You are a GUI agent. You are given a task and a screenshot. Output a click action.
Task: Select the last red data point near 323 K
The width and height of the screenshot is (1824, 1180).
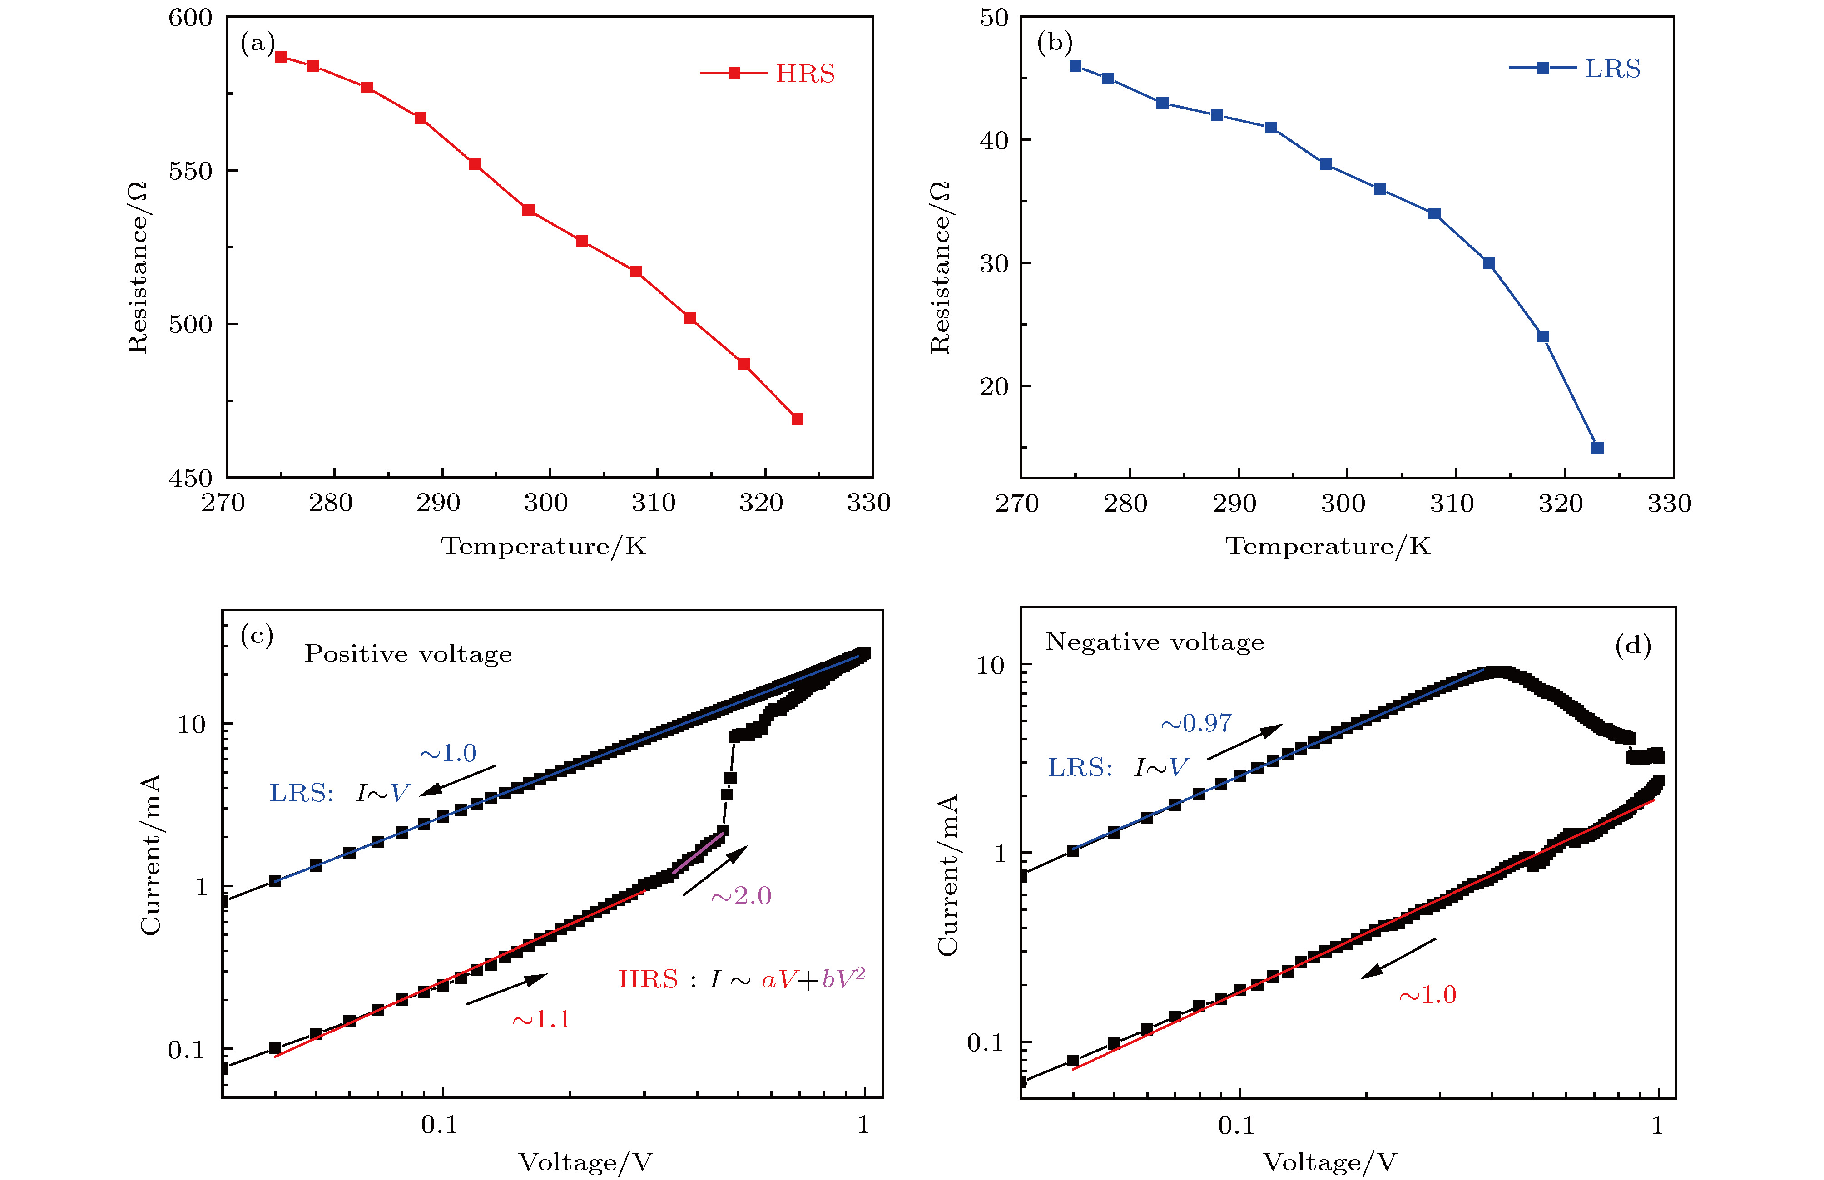click(797, 419)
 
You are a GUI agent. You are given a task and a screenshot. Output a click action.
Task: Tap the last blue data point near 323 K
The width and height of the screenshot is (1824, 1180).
click(1597, 448)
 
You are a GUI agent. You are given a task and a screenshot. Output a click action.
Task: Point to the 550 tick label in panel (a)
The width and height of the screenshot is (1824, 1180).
click(190, 171)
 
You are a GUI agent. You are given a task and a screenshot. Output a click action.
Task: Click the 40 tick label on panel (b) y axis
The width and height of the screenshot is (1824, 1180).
click(995, 140)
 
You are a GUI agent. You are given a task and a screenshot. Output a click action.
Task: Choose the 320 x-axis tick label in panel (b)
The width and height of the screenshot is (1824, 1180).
click(1561, 504)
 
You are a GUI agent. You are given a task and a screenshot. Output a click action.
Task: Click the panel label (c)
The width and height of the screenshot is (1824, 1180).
click(257, 635)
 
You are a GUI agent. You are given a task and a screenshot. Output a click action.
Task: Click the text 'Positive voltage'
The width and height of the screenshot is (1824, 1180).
click(408, 654)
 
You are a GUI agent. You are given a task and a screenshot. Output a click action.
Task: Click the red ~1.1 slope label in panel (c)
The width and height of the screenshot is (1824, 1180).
click(541, 1019)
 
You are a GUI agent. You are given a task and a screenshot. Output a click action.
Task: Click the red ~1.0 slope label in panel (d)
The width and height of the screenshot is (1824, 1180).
click(1427, 995)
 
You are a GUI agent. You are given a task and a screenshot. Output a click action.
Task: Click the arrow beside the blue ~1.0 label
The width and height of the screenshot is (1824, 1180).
click(457, 781)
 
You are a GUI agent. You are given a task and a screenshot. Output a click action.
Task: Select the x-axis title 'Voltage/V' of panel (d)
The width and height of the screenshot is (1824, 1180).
click(1330, 1161)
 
